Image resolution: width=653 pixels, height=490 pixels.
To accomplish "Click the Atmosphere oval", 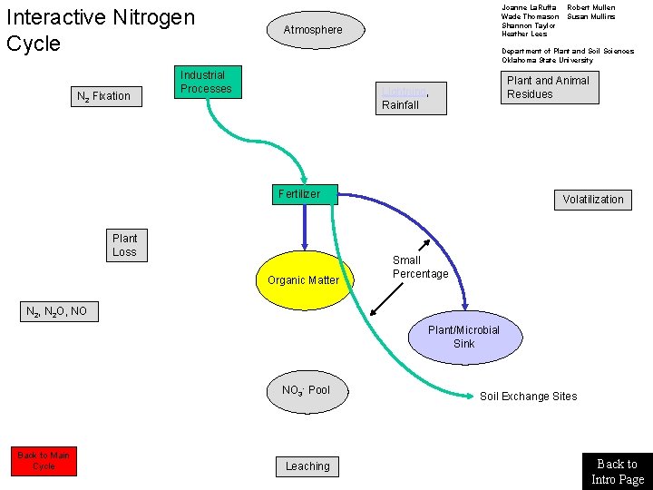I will pyautogui.click(x=313, y=30).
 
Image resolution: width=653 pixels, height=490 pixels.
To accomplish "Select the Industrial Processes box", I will pyautogui.click(x=208, y=83).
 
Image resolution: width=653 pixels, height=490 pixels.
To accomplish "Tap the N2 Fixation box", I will pyautogui.click(x=107, y=96).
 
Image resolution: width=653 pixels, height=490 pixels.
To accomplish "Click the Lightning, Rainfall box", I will pyautogui.click(x=412, y=98).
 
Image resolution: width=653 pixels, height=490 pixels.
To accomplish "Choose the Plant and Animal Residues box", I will pyautogui.click(x=550, y=88).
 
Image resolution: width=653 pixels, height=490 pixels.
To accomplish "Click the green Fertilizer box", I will pyautogui.click(x=304, y=194).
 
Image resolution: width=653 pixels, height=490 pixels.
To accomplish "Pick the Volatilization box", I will pyautogui.click(x=592, y=200).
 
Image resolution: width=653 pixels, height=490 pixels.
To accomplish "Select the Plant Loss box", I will pyautogui.click(x=125, y=246).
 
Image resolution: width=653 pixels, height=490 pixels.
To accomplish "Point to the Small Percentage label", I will pyautogui.click(x=420, y=268).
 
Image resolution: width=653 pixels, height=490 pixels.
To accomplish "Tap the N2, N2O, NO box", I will pyautogui.click(x=57, y=312).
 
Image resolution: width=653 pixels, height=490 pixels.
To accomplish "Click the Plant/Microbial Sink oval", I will pyautogui.click(x=463, y=337).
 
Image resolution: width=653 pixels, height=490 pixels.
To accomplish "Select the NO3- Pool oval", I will pyautogui.click(x=307, y=391).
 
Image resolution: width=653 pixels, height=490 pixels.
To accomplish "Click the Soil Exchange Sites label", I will pyautogui.click(x=528, y=397).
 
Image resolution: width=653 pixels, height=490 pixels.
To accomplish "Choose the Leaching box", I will pyautogui.click(x=307, y=466).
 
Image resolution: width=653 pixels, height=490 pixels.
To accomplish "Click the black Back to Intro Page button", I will pyautogui.click(x=617, y=472).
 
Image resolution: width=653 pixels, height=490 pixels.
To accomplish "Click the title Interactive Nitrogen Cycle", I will pyautogui.click(x=100, y=30).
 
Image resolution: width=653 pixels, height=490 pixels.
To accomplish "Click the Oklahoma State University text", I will pyautogui.click(x=547, y=61).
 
